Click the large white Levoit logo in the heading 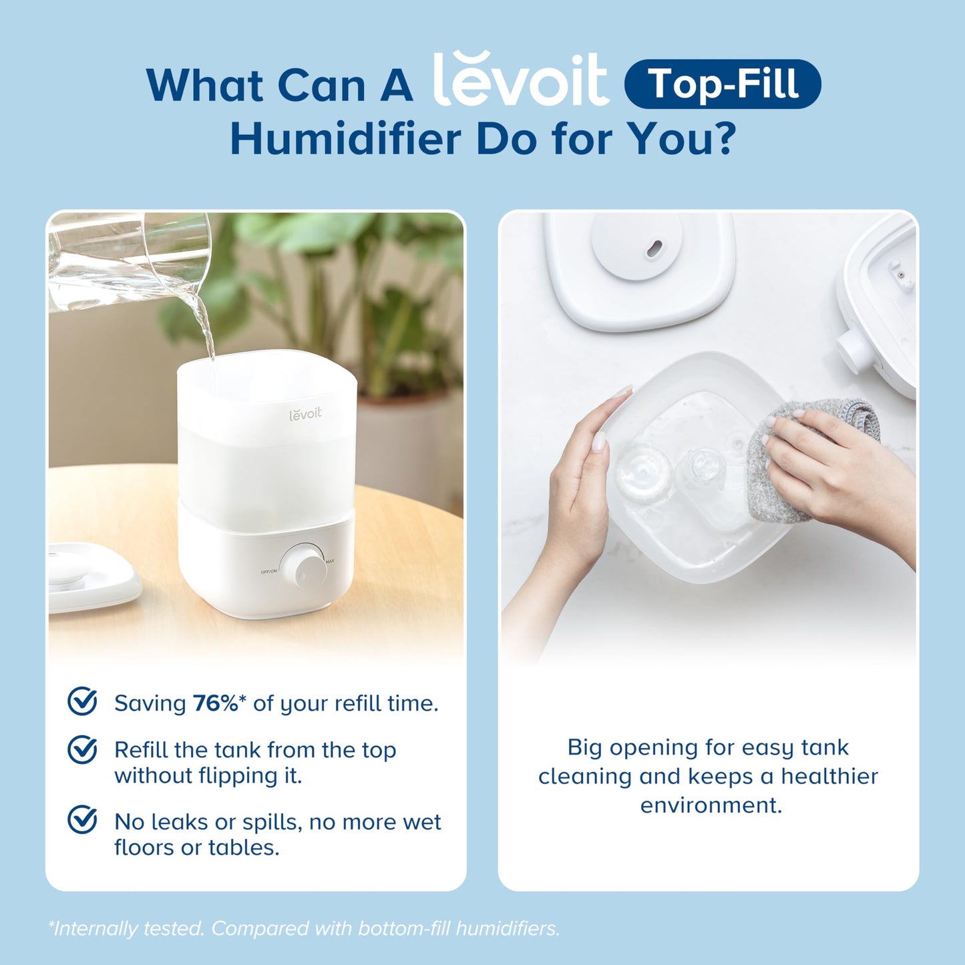(521, 80)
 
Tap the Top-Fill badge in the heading (723, 84)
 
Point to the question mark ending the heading (724, 138)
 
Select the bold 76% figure (215, 703)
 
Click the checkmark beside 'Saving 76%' (83, 701)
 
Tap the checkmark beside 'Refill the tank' (83, 749)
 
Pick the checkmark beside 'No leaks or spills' (83, 819)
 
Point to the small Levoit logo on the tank (305, 414)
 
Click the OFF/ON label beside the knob (268, 572)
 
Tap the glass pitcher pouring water (127, 260)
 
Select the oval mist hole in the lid (654, 248)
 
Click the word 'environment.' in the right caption (711, 805)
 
